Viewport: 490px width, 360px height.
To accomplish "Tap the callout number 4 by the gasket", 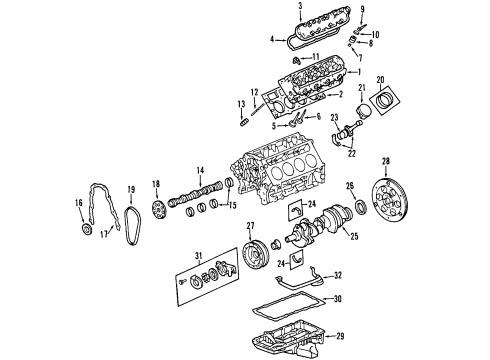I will pyautogui.click(x=273, y=40).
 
